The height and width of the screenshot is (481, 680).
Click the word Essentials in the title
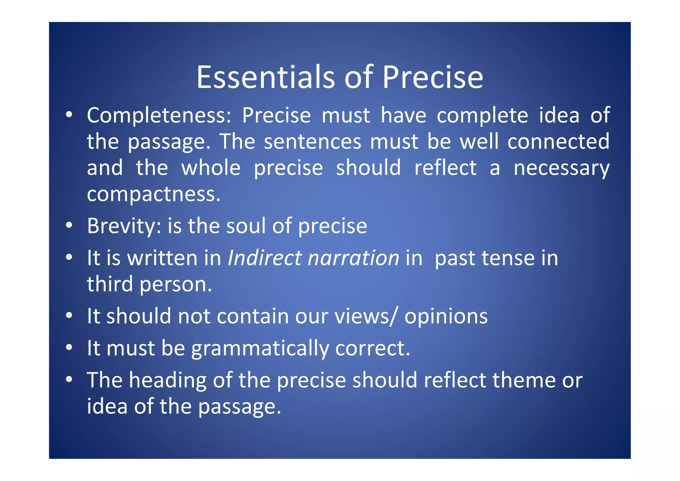click(265, 77)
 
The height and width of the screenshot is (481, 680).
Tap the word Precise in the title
click(433, 77)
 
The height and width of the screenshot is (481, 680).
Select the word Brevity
click(124, 226)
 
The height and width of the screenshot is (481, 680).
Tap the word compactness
click(153, 194)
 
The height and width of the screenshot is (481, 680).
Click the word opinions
click(446, 316)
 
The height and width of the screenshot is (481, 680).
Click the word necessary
click(561, 168)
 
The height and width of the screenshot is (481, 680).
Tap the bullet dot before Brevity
click(69, 225)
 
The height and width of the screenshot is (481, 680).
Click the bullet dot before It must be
click(69, 348)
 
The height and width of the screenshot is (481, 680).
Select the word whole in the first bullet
click(211, 168)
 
